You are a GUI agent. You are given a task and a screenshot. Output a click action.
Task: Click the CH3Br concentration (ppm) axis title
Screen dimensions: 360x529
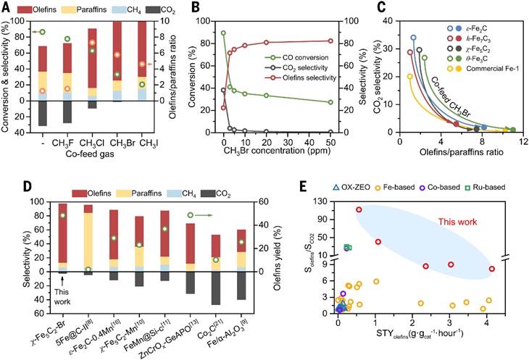(x=276, y=152)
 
